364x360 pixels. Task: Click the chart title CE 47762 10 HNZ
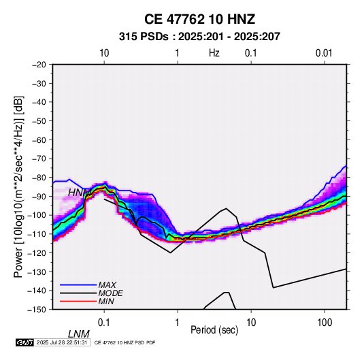coord(199,19)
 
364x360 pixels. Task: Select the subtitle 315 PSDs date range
coord(199,37)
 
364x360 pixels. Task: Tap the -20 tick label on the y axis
coord(39,65)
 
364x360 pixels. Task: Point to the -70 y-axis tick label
coord(39,159)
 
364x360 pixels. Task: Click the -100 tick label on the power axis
coord(37,215)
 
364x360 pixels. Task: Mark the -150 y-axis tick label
coord(37,310)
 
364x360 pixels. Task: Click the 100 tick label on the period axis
coord(325,323)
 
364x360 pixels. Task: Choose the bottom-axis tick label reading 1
coord(178,323)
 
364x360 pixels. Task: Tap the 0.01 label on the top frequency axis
coord(324,53)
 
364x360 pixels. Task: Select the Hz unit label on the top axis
coord(214,53)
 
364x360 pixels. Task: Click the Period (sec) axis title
coord(214,330)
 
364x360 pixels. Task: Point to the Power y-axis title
coord(18,187)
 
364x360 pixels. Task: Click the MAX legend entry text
coord(107,285)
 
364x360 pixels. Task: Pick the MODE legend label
coord(110,293)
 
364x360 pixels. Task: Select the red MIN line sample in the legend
coord(78,301)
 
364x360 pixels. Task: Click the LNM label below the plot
coord(79,334)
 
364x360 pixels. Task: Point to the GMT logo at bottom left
coord(25,342)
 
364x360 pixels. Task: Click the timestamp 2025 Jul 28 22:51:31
coord(62,342)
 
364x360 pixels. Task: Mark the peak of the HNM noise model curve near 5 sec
coord(226,208)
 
